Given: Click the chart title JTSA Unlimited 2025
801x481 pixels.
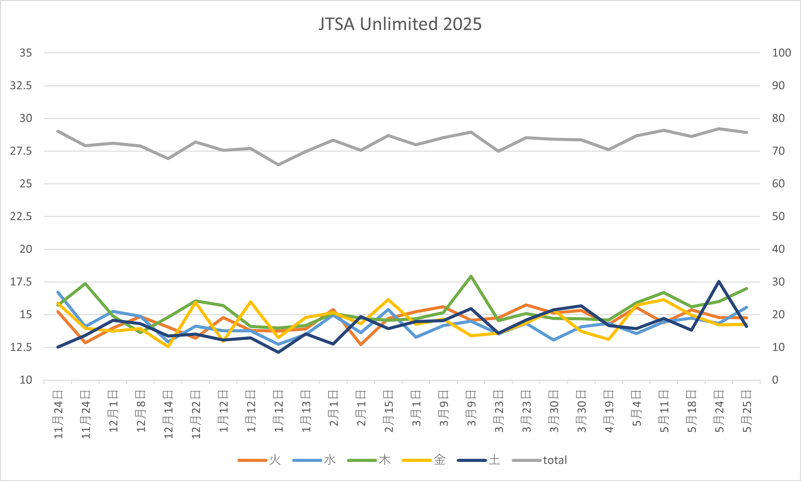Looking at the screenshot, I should tap(400, 24).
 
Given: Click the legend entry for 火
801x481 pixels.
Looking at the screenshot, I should tap(275, 460).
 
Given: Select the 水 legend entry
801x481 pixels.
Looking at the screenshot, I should tap(329, 460).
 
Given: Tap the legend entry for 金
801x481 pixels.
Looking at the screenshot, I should tap(439, 460).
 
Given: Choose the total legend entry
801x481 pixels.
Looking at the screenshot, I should tap(555, 460).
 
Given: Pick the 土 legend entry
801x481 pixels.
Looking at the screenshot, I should tap(494, 460).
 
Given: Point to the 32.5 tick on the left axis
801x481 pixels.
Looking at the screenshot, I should tap(21, 86).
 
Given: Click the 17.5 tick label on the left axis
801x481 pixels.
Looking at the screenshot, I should tap(21, 282).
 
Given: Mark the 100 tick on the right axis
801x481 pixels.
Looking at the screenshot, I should tap(781, 53).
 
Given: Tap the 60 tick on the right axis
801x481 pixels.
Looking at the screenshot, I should tap(778, 184).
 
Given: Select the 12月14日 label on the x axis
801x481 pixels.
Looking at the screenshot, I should tap(168, 415).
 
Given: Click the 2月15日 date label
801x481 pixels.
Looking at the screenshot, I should tap(388, 412).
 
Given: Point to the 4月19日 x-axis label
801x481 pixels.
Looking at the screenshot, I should tap(609, 412).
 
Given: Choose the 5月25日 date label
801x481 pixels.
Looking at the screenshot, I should tap(747, 412).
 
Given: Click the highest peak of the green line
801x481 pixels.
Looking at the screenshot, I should tap(471, 276).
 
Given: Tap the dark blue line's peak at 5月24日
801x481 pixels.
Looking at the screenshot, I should tap(719, 281).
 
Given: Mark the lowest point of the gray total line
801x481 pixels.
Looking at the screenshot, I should tap(278, 165).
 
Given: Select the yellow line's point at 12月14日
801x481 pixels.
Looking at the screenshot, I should tap(168, 347).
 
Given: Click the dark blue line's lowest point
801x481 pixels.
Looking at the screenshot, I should tap(278, 352).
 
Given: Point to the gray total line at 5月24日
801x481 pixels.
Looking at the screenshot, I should tap(719, 129).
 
